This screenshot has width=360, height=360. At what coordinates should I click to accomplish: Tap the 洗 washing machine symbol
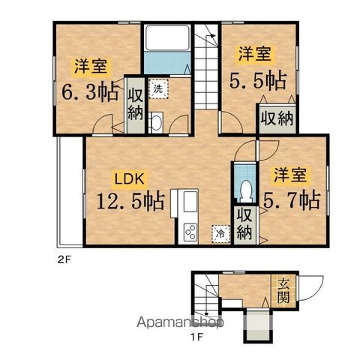tap(157, 88)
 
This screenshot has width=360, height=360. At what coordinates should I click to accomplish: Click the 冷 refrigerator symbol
tap(220, 233)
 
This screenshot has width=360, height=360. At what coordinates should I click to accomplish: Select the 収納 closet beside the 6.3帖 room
tap(135, 105)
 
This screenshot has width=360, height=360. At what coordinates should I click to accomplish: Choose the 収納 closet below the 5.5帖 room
tap(276, 118)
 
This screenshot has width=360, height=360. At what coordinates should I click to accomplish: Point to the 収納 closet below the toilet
tap(244, 223)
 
